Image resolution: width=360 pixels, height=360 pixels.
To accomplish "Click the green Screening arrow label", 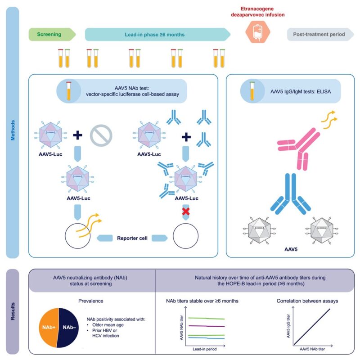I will (x=49, y=34).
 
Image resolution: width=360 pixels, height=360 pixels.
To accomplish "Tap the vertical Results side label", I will (x=13, y=311).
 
